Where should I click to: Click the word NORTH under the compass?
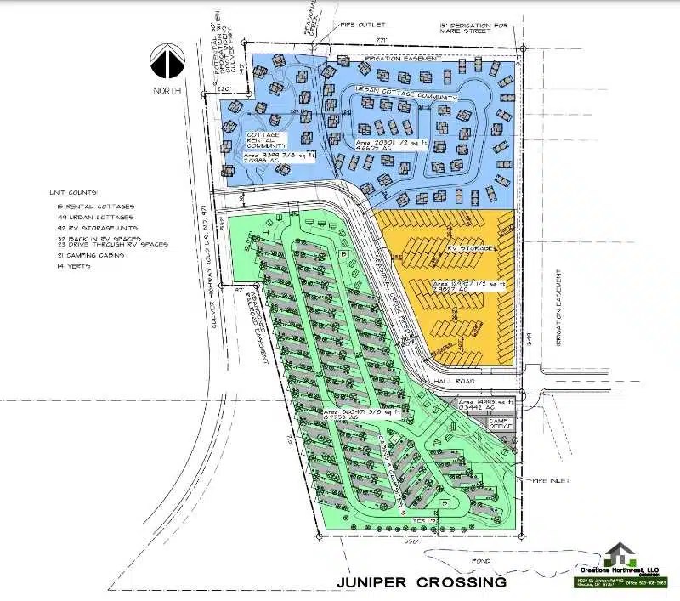pos(167,88)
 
